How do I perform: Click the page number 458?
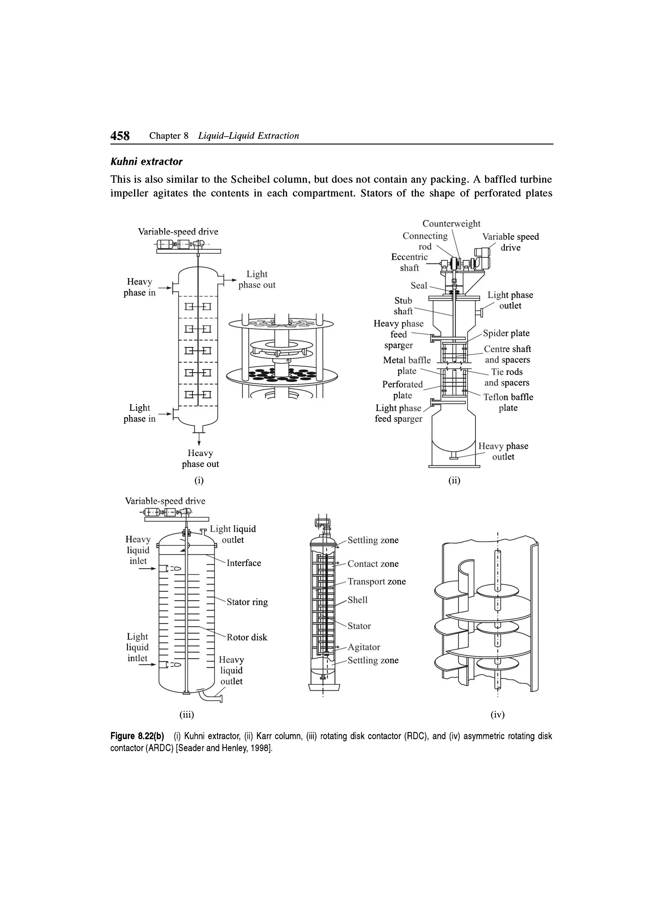[x=120, y=136]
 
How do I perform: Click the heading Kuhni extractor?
[x=146, y=162]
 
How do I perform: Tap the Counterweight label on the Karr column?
[x=451, y=224]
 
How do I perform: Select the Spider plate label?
[x=506, y=333]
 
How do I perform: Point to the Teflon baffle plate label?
[x=508, y=402]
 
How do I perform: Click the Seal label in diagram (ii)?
[x=419, y=286]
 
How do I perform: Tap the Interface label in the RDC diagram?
[x=244, y=563]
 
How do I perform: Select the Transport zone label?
[x=377, y=581]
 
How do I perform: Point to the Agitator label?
[x=364, y=647]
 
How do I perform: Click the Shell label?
[x=357, y=600]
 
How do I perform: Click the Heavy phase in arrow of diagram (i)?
[x=164, y=288]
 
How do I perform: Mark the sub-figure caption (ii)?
[x=454, y=480]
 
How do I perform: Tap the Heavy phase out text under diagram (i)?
[x=200, y=459]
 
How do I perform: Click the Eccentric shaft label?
[x=409, y=263]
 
